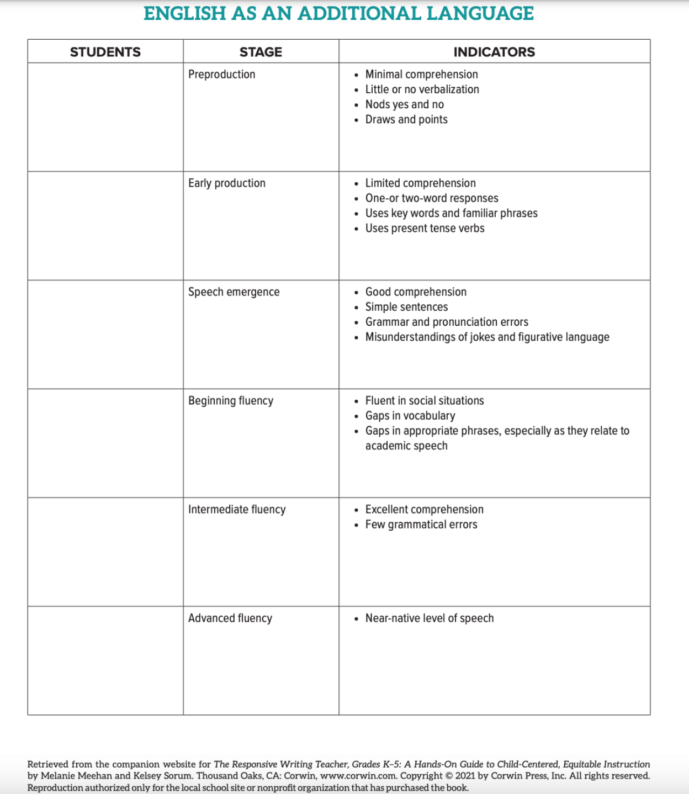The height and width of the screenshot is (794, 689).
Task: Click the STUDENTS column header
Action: coord(105,52)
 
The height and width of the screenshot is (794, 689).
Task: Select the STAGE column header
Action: coord(261,52)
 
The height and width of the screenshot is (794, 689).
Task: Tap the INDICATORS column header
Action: coord(494,52)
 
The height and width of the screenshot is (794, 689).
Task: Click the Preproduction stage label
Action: coord(221,75)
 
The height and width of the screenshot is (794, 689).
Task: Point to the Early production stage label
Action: coord(226,183)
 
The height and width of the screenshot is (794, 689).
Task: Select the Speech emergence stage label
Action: coord(234,292)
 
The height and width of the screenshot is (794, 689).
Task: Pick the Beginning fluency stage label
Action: coord(231,401)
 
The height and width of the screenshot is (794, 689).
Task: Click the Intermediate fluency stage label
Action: coord(237,510)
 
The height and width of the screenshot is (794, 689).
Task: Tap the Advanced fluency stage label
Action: coord(230,618)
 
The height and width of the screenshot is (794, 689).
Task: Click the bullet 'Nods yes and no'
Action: coord(404,104)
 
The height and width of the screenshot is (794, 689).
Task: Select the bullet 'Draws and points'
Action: coord(406,119)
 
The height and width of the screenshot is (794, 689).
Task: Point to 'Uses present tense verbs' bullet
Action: coord(425,228)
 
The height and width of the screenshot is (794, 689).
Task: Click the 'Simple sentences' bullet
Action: coord(406,307)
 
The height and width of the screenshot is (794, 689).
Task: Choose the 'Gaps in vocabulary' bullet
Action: coord(410,416)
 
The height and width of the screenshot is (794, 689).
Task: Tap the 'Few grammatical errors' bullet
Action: coord(421,525)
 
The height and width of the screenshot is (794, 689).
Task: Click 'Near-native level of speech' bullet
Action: coord(429,618)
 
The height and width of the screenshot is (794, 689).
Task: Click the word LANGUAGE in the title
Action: coord(480,13)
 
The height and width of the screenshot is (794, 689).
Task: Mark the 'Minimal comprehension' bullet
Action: coord(421,75)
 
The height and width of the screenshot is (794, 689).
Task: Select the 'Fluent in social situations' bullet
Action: coord(424,401)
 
